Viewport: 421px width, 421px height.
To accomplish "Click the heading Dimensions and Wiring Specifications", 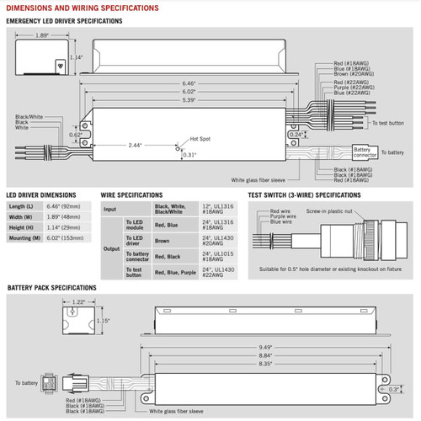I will pyautogui.click(x=80, y=7).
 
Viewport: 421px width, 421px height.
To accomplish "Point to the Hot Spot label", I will pyautogui.click(x=199, y=138).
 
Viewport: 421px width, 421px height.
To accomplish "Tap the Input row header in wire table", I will pyautogui.click(x=109, y=209).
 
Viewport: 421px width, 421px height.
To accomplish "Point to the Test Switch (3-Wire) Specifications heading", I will pyautogui.click(x=309, y=193).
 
